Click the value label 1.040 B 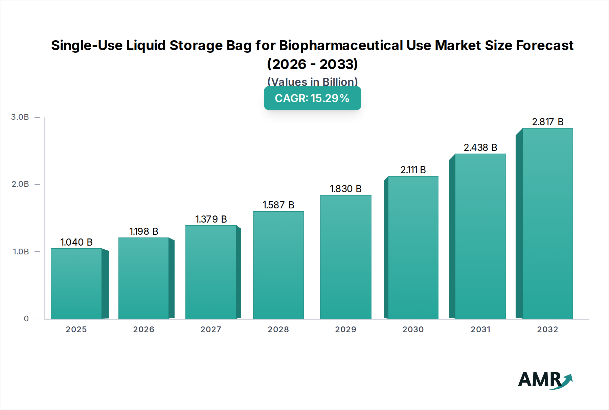click(x=76, y=242)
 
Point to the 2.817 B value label click(x=547, y=122)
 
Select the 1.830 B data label click(x=345, y=189)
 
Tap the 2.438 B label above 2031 click(x=480, y=147)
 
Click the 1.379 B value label click(x=211, y=219)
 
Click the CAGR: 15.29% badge click(x=312, y=98)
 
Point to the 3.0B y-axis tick click(x=20, y=117)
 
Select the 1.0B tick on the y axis click(x=21, y=251)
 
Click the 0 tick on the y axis click(x=26, y=319)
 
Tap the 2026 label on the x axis click(x=143, y=329)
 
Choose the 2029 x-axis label click(x=345, y=329)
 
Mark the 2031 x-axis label click(x=480, y=329)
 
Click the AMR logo click(x=545, y=380)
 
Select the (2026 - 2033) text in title click(x=312, y=64)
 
